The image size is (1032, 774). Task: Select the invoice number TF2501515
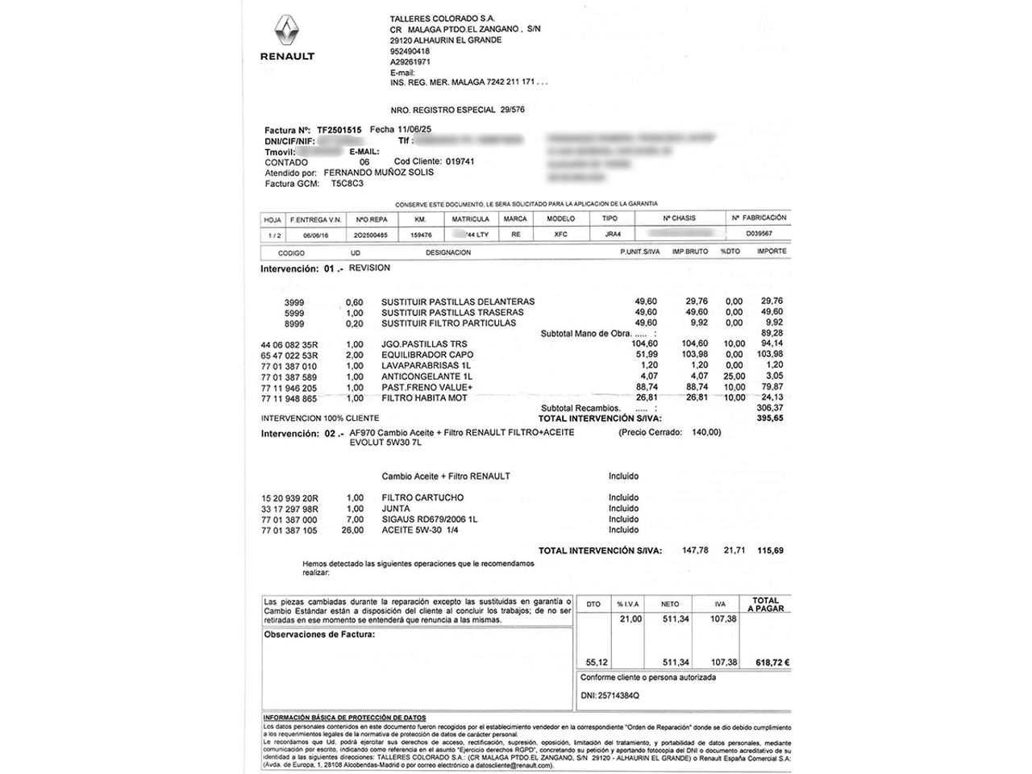(339, 130)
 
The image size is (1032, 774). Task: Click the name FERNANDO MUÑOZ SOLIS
(378, 173)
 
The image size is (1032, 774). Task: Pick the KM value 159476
(422, 235)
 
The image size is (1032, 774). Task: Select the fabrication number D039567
(759, 234)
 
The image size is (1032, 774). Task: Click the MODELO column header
(561, 219)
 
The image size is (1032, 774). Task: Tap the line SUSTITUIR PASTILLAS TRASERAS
(452, 312)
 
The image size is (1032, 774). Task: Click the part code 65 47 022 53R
(289, 355)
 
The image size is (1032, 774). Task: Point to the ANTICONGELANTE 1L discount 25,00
(734, 377)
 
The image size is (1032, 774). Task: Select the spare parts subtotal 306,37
(772, 408)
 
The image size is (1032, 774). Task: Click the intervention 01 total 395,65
(771, 418)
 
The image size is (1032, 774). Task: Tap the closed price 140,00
(705, 432)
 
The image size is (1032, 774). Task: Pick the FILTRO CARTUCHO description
(422, 498)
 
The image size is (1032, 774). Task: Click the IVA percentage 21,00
(630, 619)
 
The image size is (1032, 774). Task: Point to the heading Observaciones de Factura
(319, 635)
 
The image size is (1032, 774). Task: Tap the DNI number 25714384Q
(610, 695)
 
